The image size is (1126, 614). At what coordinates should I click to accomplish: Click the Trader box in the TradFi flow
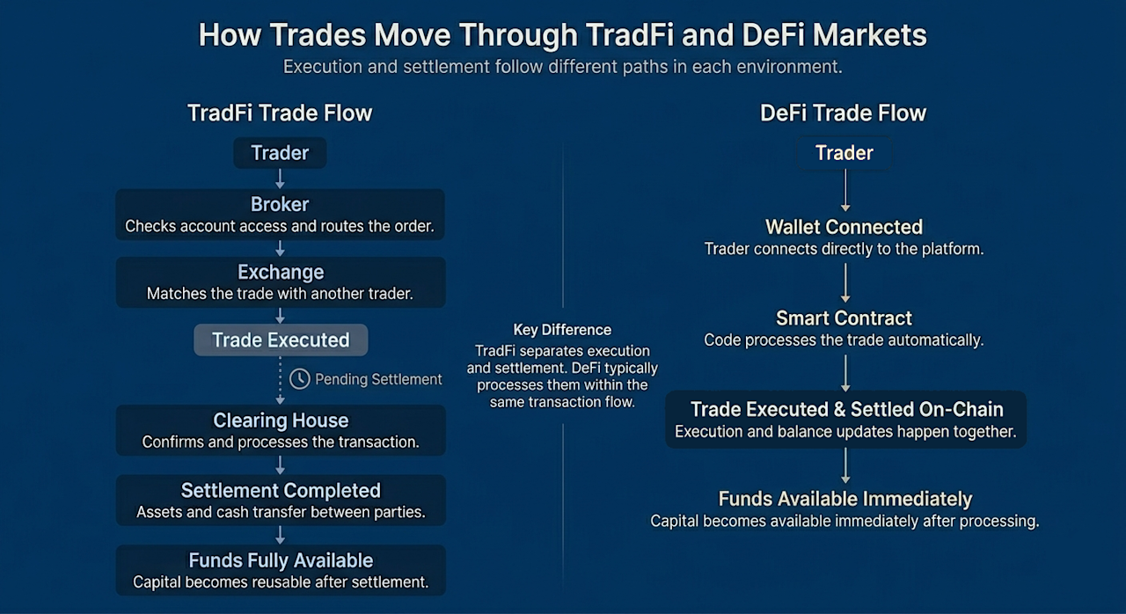280,153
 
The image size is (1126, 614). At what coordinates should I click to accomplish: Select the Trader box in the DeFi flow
844,153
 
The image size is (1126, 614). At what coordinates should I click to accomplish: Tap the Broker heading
280,204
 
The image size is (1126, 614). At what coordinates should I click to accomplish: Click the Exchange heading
281,273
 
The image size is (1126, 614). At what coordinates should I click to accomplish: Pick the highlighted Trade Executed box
281,340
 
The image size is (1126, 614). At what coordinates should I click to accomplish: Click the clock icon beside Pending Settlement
300,379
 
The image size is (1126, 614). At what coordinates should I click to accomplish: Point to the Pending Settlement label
378,379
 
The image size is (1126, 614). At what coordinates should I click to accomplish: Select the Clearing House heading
281,420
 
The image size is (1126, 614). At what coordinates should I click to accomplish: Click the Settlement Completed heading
281,491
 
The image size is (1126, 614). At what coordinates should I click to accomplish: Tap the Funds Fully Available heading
281,560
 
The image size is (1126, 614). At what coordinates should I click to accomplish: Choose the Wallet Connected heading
844,227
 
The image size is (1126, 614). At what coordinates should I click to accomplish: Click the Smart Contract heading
844,318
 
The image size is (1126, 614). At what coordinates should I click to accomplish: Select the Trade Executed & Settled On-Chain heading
846,410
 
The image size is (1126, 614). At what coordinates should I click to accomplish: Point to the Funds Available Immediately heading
845,499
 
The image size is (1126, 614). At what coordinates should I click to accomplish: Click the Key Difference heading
562,330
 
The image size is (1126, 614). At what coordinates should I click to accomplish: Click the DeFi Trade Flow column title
843,113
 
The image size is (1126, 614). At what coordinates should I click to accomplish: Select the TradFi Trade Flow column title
280,113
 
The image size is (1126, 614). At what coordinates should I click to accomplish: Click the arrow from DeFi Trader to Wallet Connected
845,190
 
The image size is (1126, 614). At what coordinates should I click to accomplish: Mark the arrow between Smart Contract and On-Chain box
845,373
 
